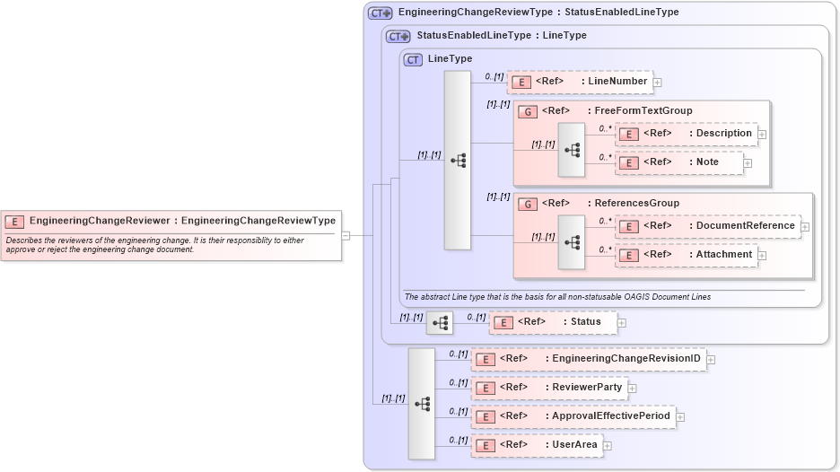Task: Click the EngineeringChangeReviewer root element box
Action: (x=171, y=221)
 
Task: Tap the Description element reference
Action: (x=687, y=134)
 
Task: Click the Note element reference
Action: (x=679, y=162)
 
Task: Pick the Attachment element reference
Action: (x=687, y=255)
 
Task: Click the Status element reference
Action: (x=553, y=322)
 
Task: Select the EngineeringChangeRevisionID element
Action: (x=588, y=360)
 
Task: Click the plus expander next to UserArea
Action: (x=608, y=445)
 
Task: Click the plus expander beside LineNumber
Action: (x=658, y=83)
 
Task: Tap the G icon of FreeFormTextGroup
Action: (x=529, y=111)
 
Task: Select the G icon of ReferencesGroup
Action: (x=529, y=204)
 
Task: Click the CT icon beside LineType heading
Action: (x=413, y=59)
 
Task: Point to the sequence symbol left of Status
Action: (x=440, y=322)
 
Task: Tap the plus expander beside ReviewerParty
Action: (x=632, y=389)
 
